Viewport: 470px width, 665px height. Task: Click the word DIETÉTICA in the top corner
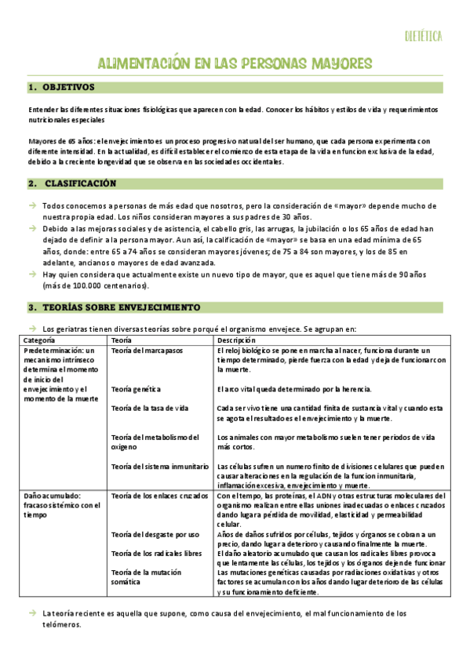(x=424, y=36)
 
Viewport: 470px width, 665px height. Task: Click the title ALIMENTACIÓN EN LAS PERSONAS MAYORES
(x=235, y=63)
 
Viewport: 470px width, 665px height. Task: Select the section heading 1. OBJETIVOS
(x=61, y=87)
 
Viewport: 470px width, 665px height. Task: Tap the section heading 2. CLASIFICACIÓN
(x=73, y=183)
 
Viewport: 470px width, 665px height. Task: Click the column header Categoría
(x=39, y=340)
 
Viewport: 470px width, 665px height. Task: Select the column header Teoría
(x=122, y=340)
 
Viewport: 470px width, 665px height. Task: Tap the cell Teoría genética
(x=137, y=389)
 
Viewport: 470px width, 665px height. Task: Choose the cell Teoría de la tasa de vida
(x=150, y=409)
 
